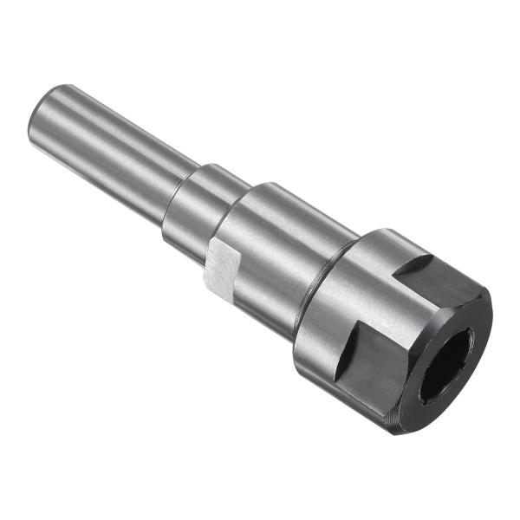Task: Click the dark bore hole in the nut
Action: pyautogui.click(x=446, y=365)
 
